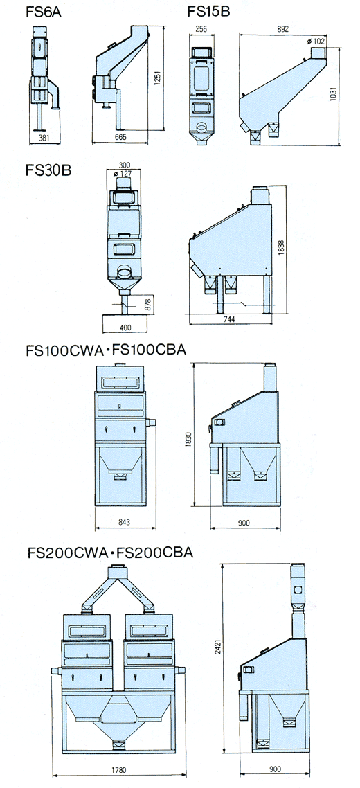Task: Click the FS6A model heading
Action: [x=44, y=12]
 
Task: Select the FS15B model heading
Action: [x=208, y=11]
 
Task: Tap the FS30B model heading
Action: [x=48, y=170]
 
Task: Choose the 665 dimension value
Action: [x=120, y=136]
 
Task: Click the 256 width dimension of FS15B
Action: [x=201, y=29]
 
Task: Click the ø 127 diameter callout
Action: [x=124, y=174]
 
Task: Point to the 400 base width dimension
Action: [x=126, y=328]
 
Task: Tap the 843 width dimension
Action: [x=125, y=523]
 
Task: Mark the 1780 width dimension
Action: [x=119, y=769]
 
